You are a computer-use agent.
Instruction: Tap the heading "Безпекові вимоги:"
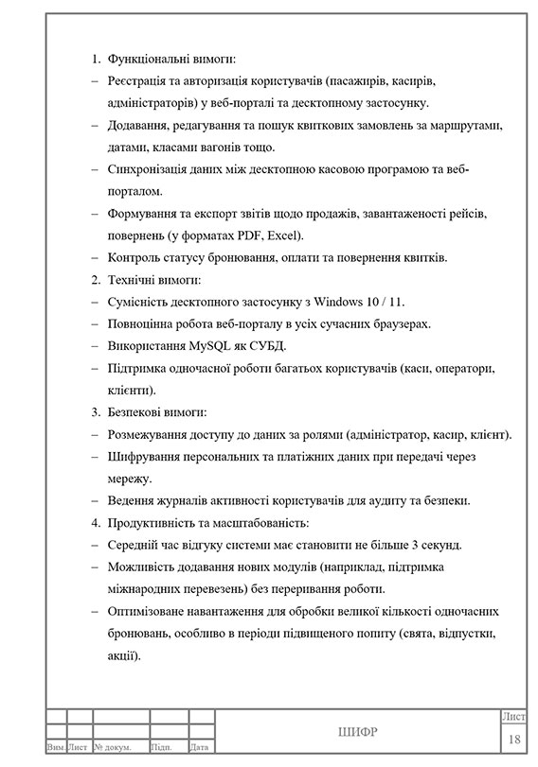(158, 412)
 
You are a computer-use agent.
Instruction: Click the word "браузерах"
(403, 324)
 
